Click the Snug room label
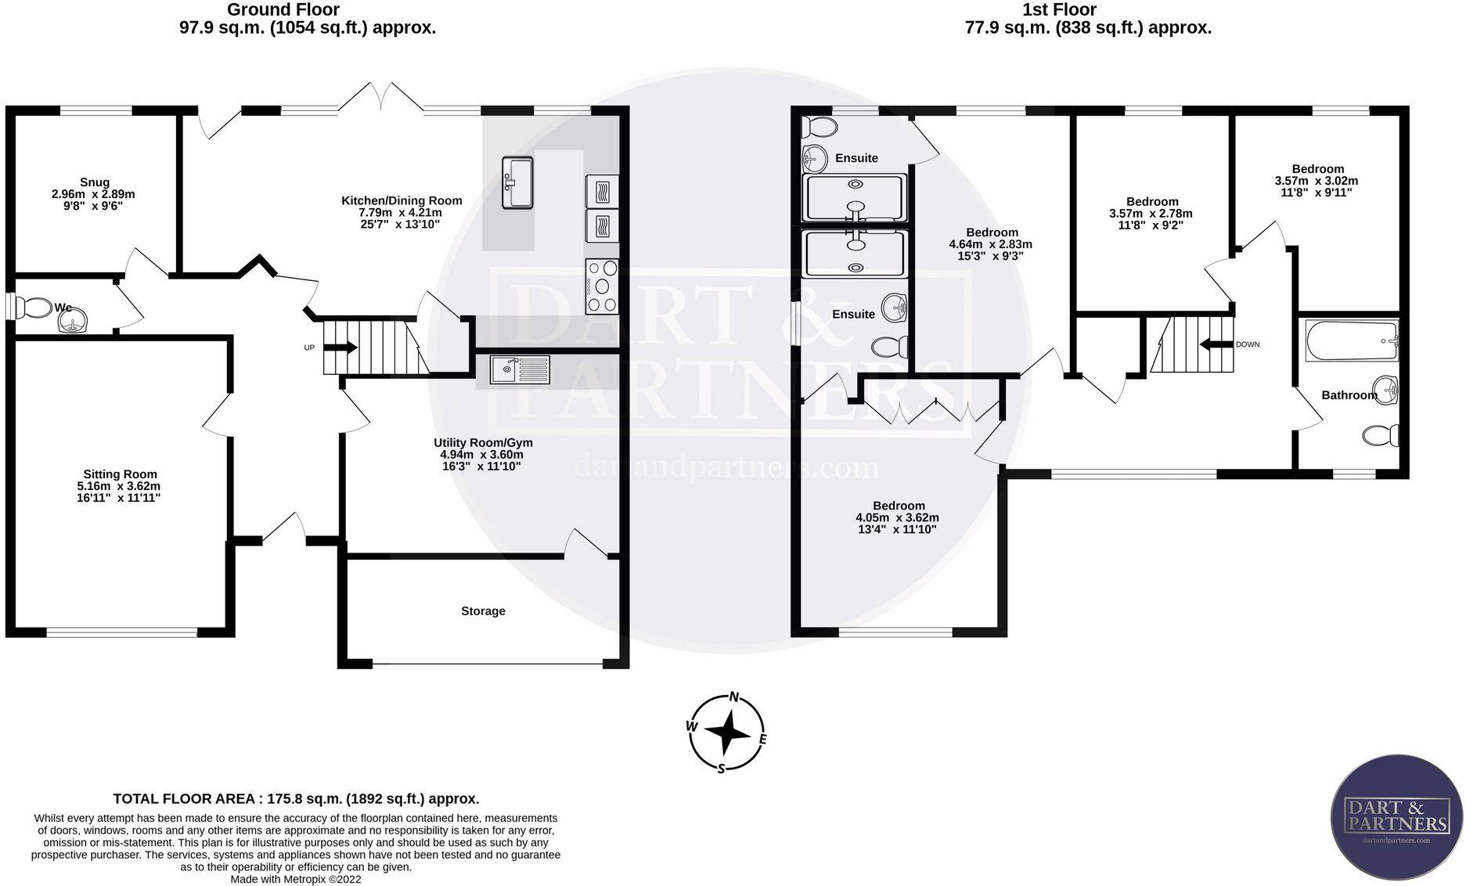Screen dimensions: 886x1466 [95, 182]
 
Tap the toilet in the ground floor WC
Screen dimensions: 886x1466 [33, 308]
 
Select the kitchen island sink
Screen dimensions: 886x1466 [517, 182]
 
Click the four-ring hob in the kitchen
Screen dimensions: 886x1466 [601, 286]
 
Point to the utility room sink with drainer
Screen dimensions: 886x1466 [520, 369]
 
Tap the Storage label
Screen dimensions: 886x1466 [483, 611]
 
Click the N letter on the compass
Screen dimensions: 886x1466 [733, 697]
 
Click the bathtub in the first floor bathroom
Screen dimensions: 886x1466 [1350, 340]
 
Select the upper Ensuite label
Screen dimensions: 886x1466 [856, 158]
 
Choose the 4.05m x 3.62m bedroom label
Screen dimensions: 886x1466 [899, 506]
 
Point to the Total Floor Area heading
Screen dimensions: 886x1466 [296, 799]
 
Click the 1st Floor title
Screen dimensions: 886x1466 [1058, 10]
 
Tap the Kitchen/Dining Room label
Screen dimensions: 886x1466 [402, 201]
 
